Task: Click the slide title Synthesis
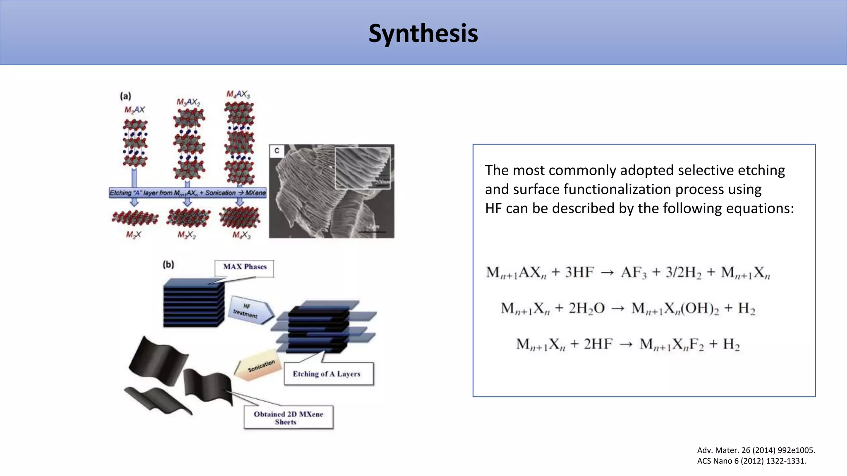coord(423,33)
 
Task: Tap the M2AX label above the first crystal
coord(135,110)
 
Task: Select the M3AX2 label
coord(188,102)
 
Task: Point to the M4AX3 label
coord(238,94)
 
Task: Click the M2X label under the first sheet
coord(134,235)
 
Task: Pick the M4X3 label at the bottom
coord(242,235)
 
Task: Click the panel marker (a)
coord(125,96)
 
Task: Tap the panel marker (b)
coord(168,264)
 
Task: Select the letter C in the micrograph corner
coord(277,151)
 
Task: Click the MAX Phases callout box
coord(244,267)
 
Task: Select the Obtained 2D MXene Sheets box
coord(288,418)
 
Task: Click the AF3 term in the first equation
coord(633,273)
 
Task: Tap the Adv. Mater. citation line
coord(756,450)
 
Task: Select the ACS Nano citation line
coord(751,461)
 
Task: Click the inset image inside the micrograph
coord(363,167)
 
